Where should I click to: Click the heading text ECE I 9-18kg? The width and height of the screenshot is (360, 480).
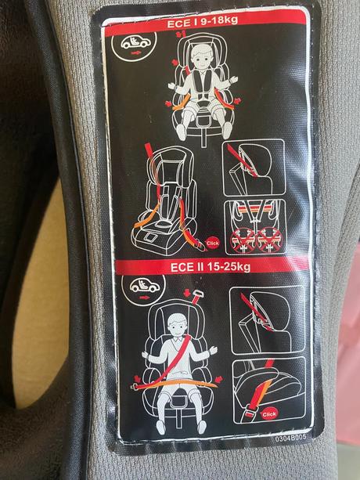pos(202,22)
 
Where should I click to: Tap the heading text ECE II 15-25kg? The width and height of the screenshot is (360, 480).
pos(211,267)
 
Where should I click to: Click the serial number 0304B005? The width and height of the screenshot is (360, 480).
pos(290,438)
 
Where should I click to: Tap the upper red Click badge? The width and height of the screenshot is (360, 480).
pos(213,244)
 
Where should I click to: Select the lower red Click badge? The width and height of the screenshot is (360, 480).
pos(269,414)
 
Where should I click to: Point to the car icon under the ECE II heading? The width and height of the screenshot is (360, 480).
pos(144,286)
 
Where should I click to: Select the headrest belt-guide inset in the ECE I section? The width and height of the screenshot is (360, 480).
pos(254,168)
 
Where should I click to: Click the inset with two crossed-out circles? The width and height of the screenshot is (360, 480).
pos(256,227)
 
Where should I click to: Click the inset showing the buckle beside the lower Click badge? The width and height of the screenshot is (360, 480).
pos(269,389)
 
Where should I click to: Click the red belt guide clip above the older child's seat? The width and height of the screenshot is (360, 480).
pos(196,298)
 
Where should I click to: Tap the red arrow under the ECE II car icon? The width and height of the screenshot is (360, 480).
pos(144,297)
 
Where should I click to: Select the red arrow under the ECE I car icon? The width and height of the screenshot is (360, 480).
pos(135,53)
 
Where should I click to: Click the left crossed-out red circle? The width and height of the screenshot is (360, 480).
pos(243,241)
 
